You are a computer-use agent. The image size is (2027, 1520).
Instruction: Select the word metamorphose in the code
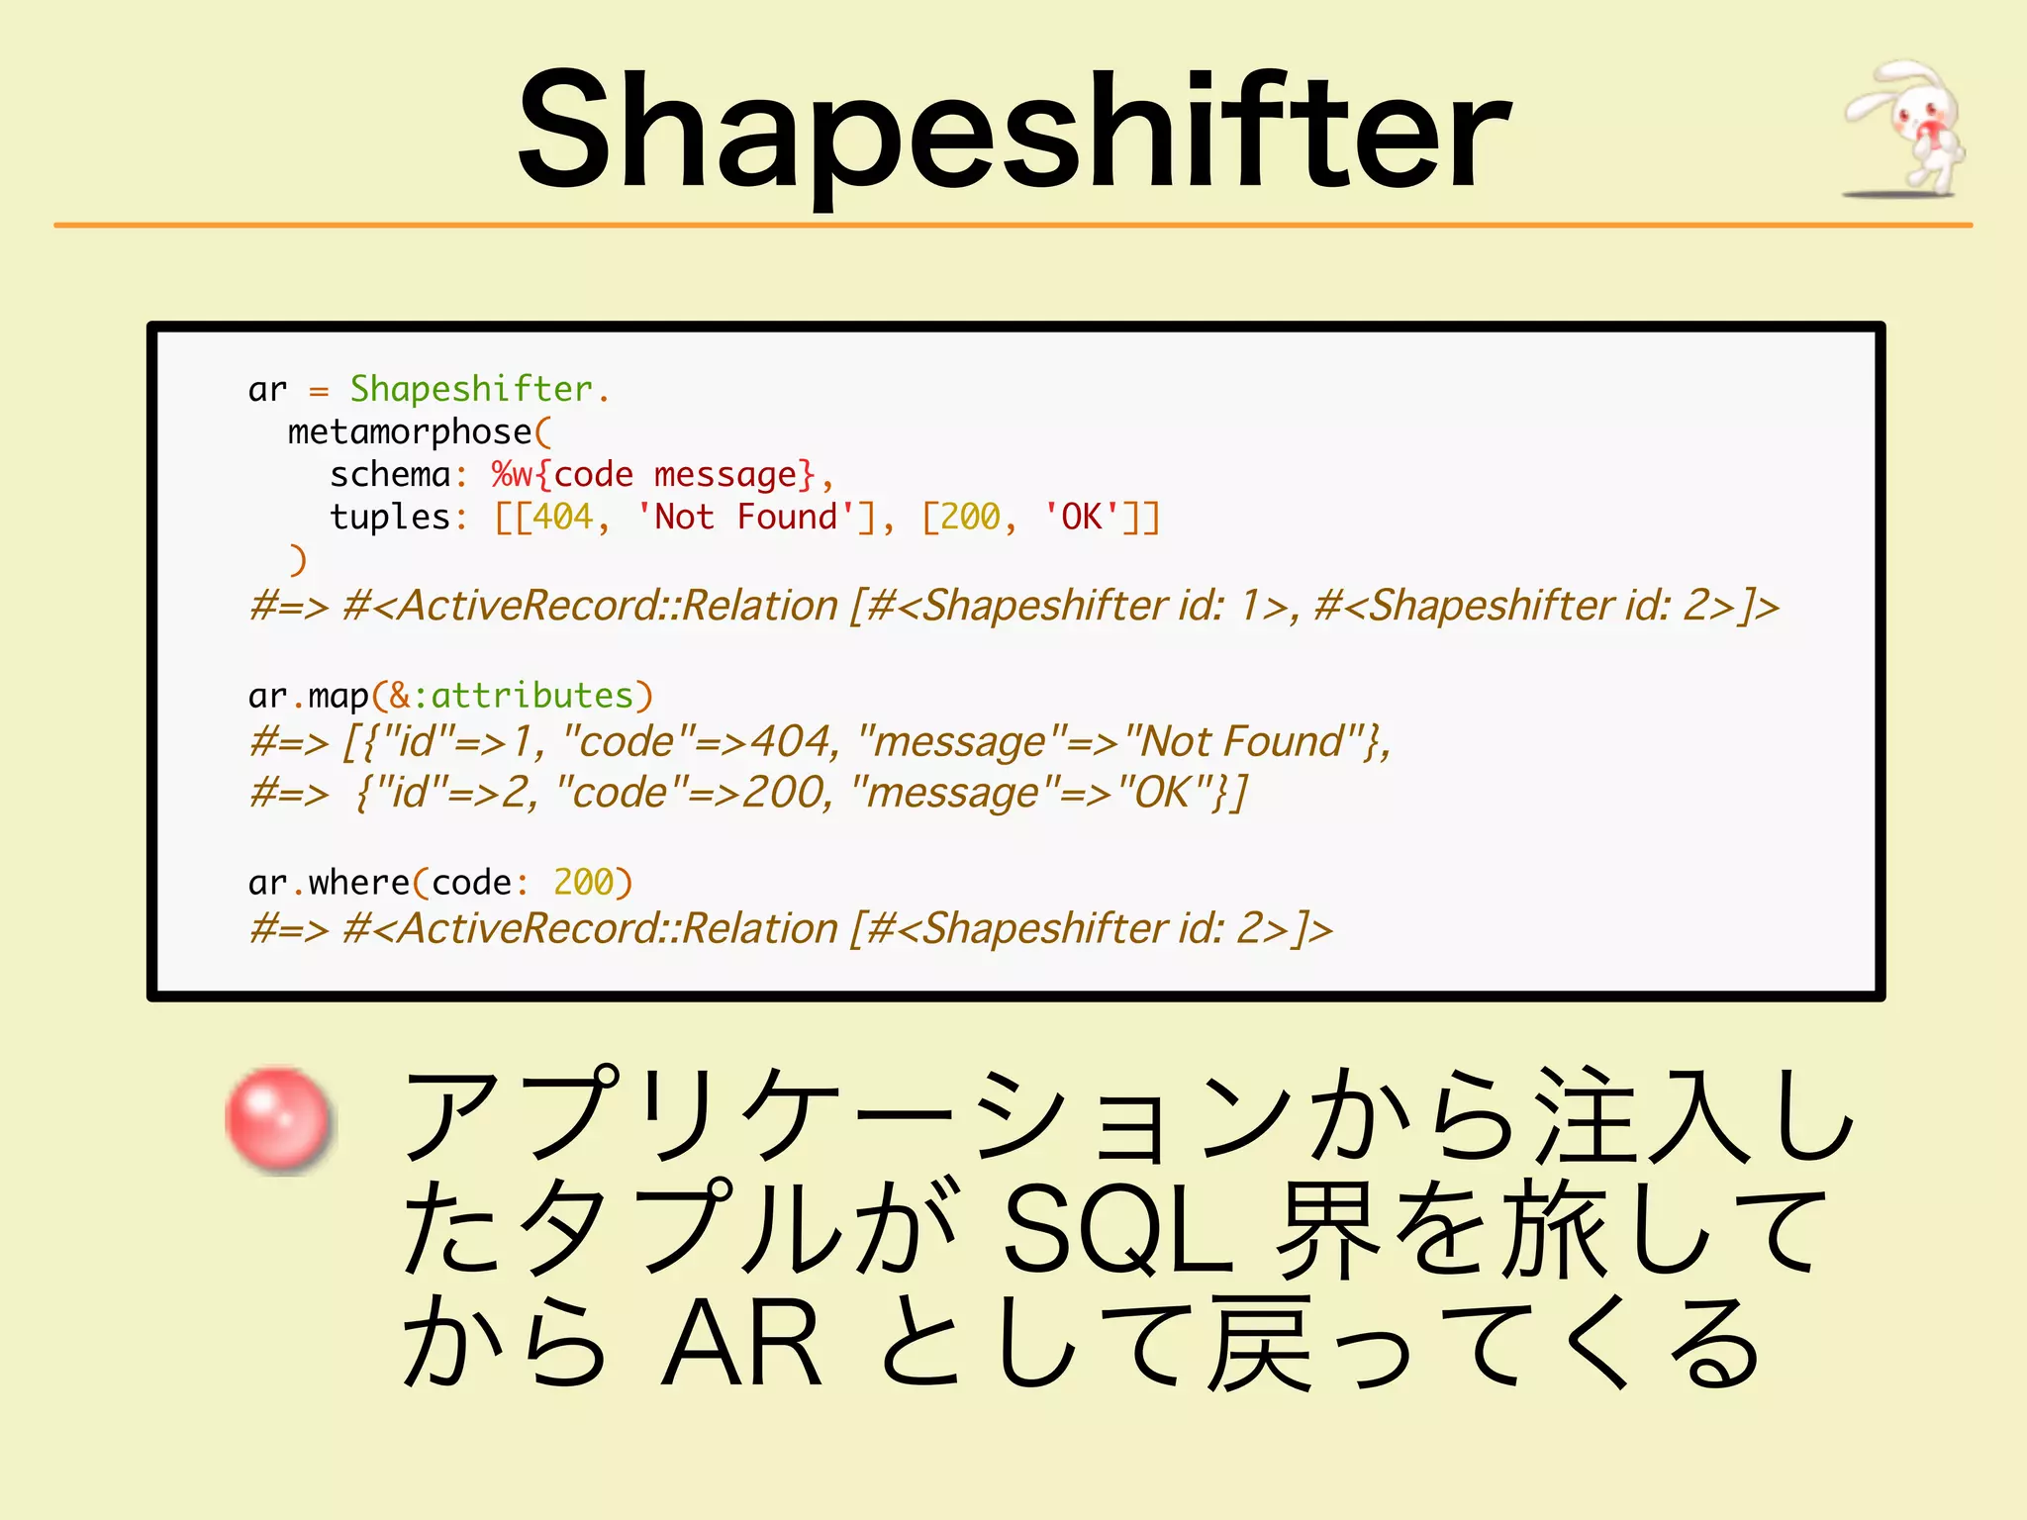tap(410, 432)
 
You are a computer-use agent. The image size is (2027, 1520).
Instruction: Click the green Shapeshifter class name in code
tap(471, 389)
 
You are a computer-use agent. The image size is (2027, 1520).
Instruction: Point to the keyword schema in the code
tap(390, 475)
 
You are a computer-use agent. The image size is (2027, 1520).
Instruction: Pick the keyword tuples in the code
tap(390, 518)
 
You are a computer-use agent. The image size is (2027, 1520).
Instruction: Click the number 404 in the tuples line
tap(562, 518)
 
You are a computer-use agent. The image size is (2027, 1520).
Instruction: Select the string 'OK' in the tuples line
tap(1081, 518)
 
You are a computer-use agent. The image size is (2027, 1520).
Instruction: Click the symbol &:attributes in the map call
tap(511, 696)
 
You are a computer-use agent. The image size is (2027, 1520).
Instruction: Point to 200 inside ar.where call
tap(583, 882)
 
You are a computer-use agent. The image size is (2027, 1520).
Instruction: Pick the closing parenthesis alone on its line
tap(298, 560)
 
